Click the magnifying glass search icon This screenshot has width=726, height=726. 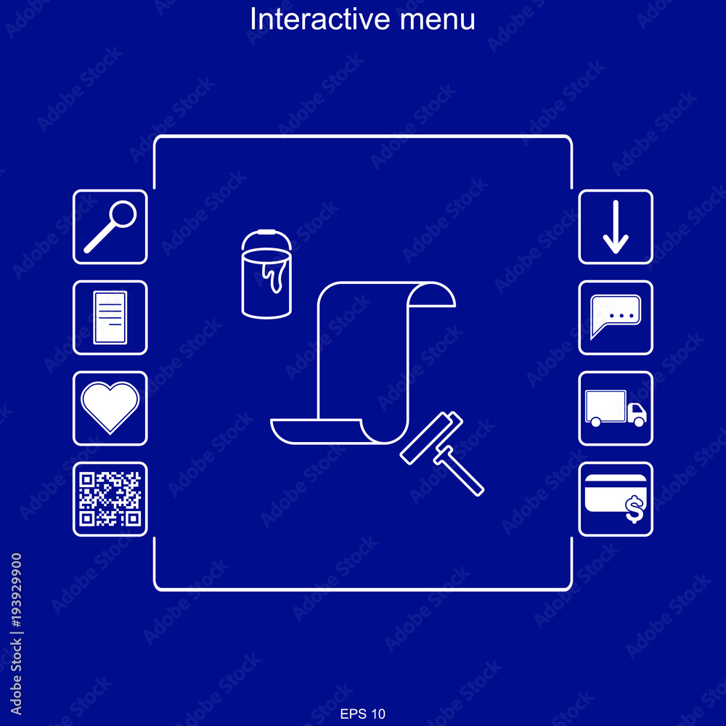coord(110,227)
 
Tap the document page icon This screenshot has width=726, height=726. coord(110,318)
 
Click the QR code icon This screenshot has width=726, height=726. coord(110,499)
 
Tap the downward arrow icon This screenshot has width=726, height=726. coord(616,227)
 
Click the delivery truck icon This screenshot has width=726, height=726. coord(616,408)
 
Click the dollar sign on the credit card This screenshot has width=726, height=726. coord(635,510)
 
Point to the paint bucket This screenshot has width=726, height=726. coord(266,274)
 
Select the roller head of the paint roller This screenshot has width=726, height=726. coord(431,438)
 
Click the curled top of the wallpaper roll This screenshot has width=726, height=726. coord(431,294)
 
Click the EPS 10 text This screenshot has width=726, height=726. coord(362,714)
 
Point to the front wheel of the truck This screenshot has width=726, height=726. coord(640,421)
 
